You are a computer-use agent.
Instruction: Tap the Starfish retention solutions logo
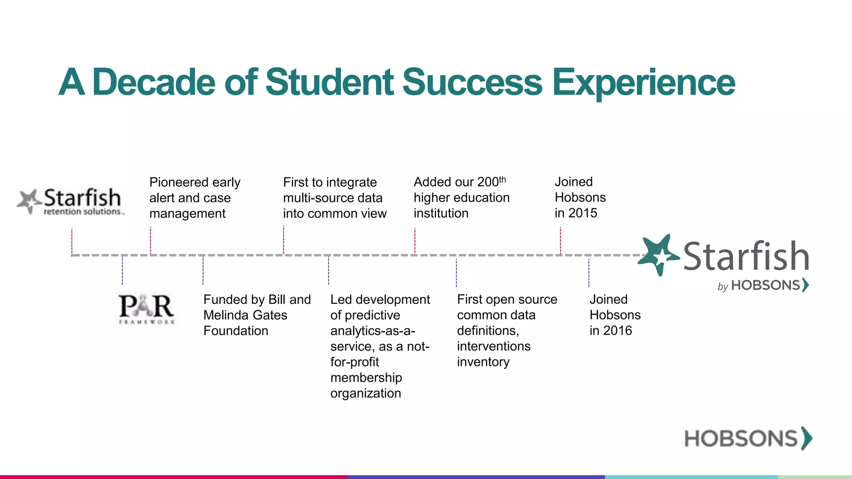71,202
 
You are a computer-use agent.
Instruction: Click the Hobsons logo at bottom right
748,438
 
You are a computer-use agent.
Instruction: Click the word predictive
365,315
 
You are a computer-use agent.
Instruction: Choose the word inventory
483,362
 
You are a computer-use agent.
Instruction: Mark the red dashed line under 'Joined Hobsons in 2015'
560,240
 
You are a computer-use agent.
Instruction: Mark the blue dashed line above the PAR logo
122,270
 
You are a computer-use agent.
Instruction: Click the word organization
365,393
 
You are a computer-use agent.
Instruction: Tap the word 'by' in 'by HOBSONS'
723,286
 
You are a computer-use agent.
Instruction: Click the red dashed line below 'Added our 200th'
415,240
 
